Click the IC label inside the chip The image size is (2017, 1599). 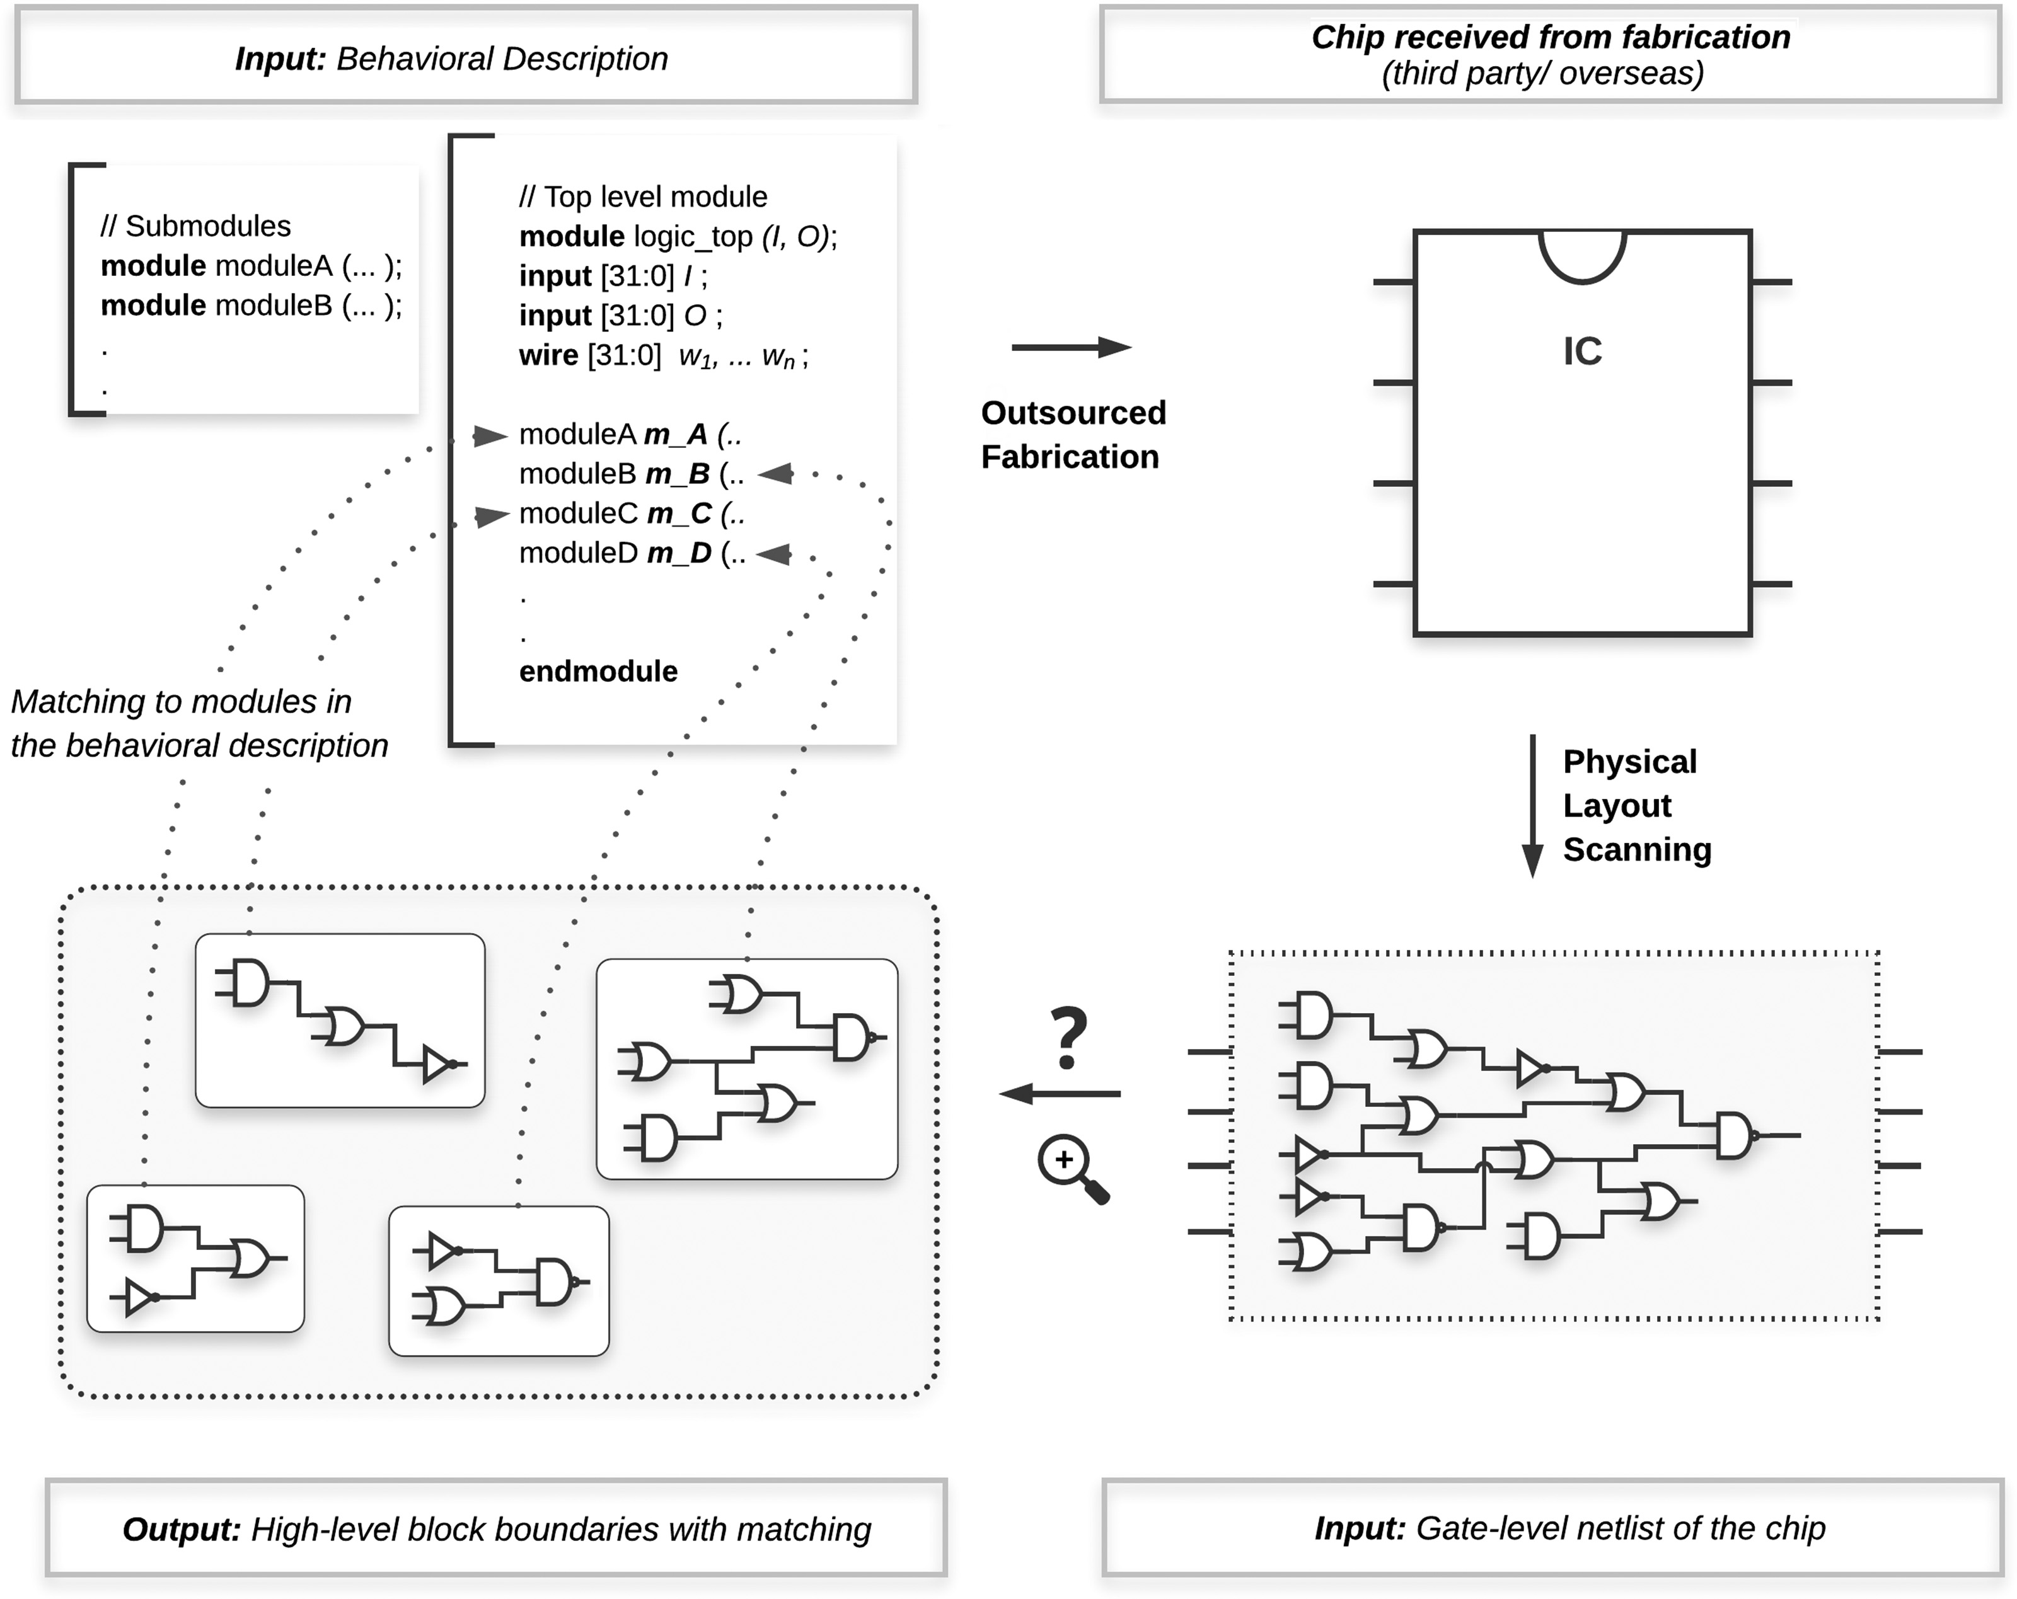(x=1582, y=352)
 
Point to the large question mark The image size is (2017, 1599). (x=1069, y=1036)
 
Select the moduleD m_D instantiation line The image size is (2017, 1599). (x=632, y=554)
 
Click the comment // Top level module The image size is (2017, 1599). (x=644, y=197)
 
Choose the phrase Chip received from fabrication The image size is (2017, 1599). (x=1550, y=37)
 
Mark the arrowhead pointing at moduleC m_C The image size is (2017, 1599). (x=491, y=515)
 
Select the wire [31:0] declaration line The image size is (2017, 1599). (x=663, y=356)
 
